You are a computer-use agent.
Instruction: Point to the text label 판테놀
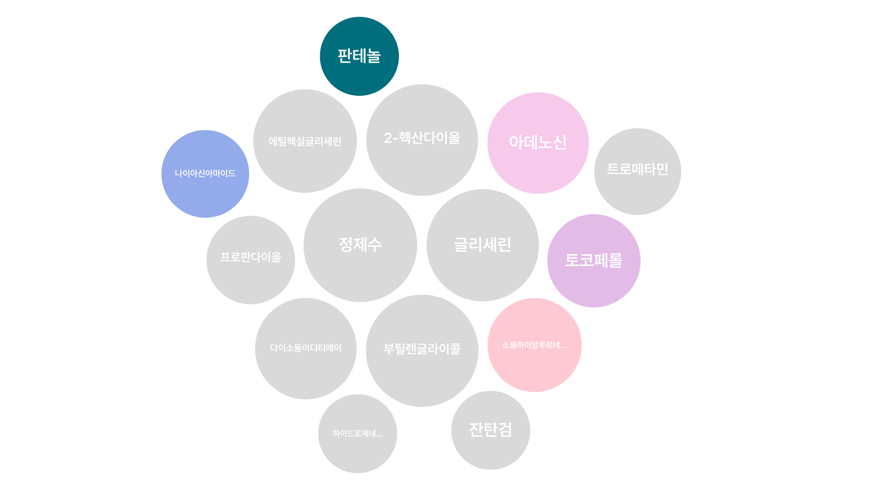click(x=359, y=56)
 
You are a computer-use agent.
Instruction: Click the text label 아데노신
click(x=538, y=142)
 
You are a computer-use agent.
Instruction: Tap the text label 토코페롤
click(x=594, y=260)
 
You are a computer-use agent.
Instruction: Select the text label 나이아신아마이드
click(x=205, y=173)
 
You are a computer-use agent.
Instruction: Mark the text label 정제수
click(x=360, y=245)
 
